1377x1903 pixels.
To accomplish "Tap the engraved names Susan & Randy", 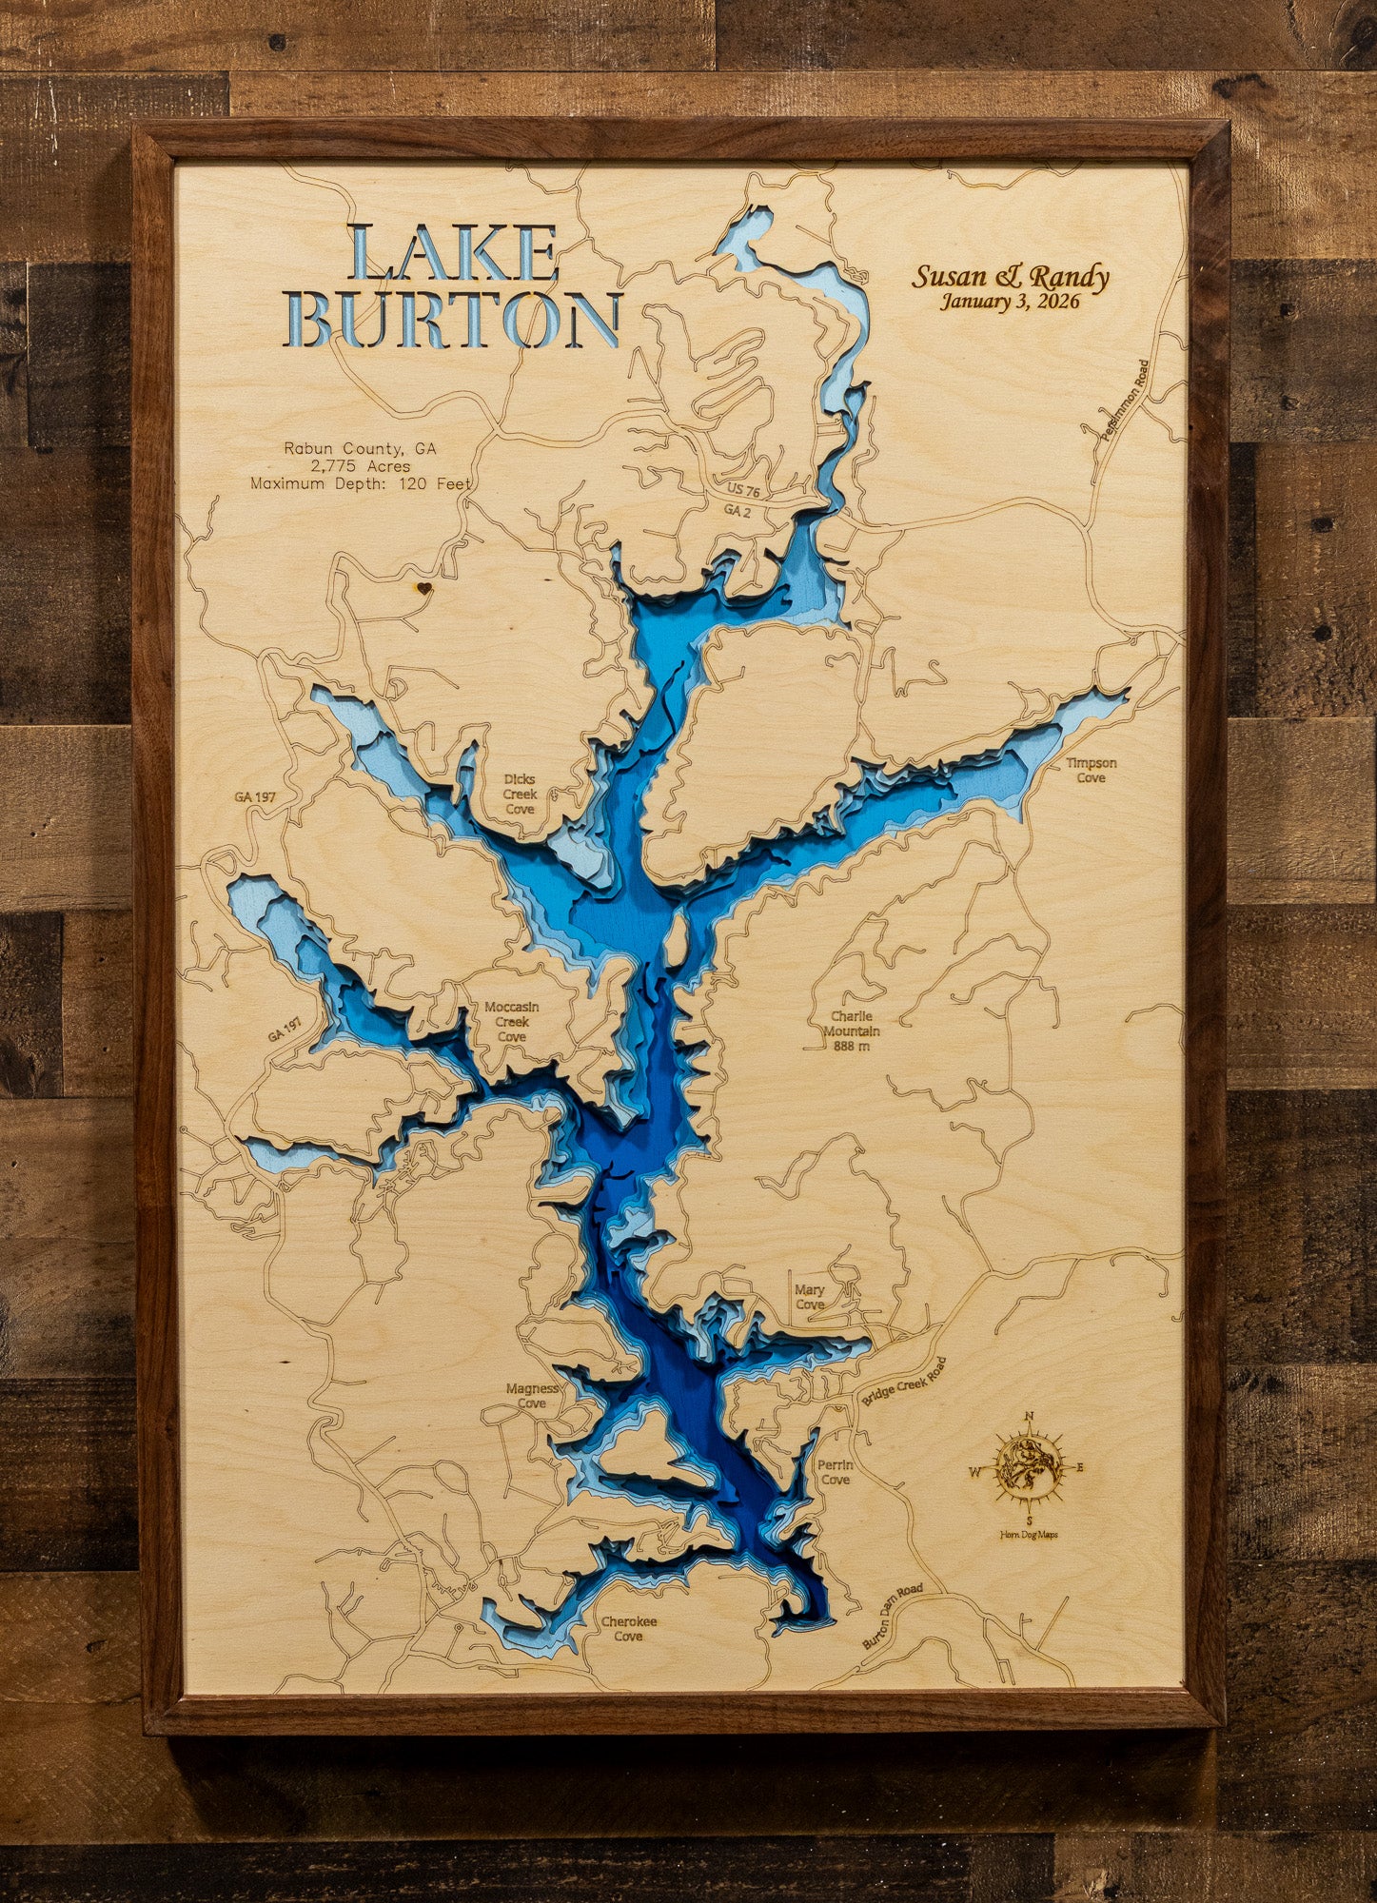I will coord(1011,277).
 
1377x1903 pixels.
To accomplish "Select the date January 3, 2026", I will coord(1011,303).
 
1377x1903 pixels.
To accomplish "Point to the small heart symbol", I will coord(424,588).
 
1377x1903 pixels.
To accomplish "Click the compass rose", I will coord(1029,1467).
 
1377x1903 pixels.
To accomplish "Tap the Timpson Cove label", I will coord(1091,771).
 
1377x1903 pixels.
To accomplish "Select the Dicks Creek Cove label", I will coord(520,794).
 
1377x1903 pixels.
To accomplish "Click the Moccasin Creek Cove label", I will coord(511,1022).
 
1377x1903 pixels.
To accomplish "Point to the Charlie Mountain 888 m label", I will coord(851,1031).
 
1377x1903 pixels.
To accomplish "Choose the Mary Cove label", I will coord(810,1297).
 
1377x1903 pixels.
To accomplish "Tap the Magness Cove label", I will coord(532,1396).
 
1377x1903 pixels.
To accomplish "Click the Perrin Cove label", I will coord(835,1472).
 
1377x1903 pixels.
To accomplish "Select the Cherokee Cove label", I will coord(628,1629).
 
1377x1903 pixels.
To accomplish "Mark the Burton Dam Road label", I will coord(893,1617).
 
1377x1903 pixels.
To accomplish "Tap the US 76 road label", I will coord(743,491).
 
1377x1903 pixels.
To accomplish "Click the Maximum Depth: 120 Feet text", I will coord(361,483).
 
